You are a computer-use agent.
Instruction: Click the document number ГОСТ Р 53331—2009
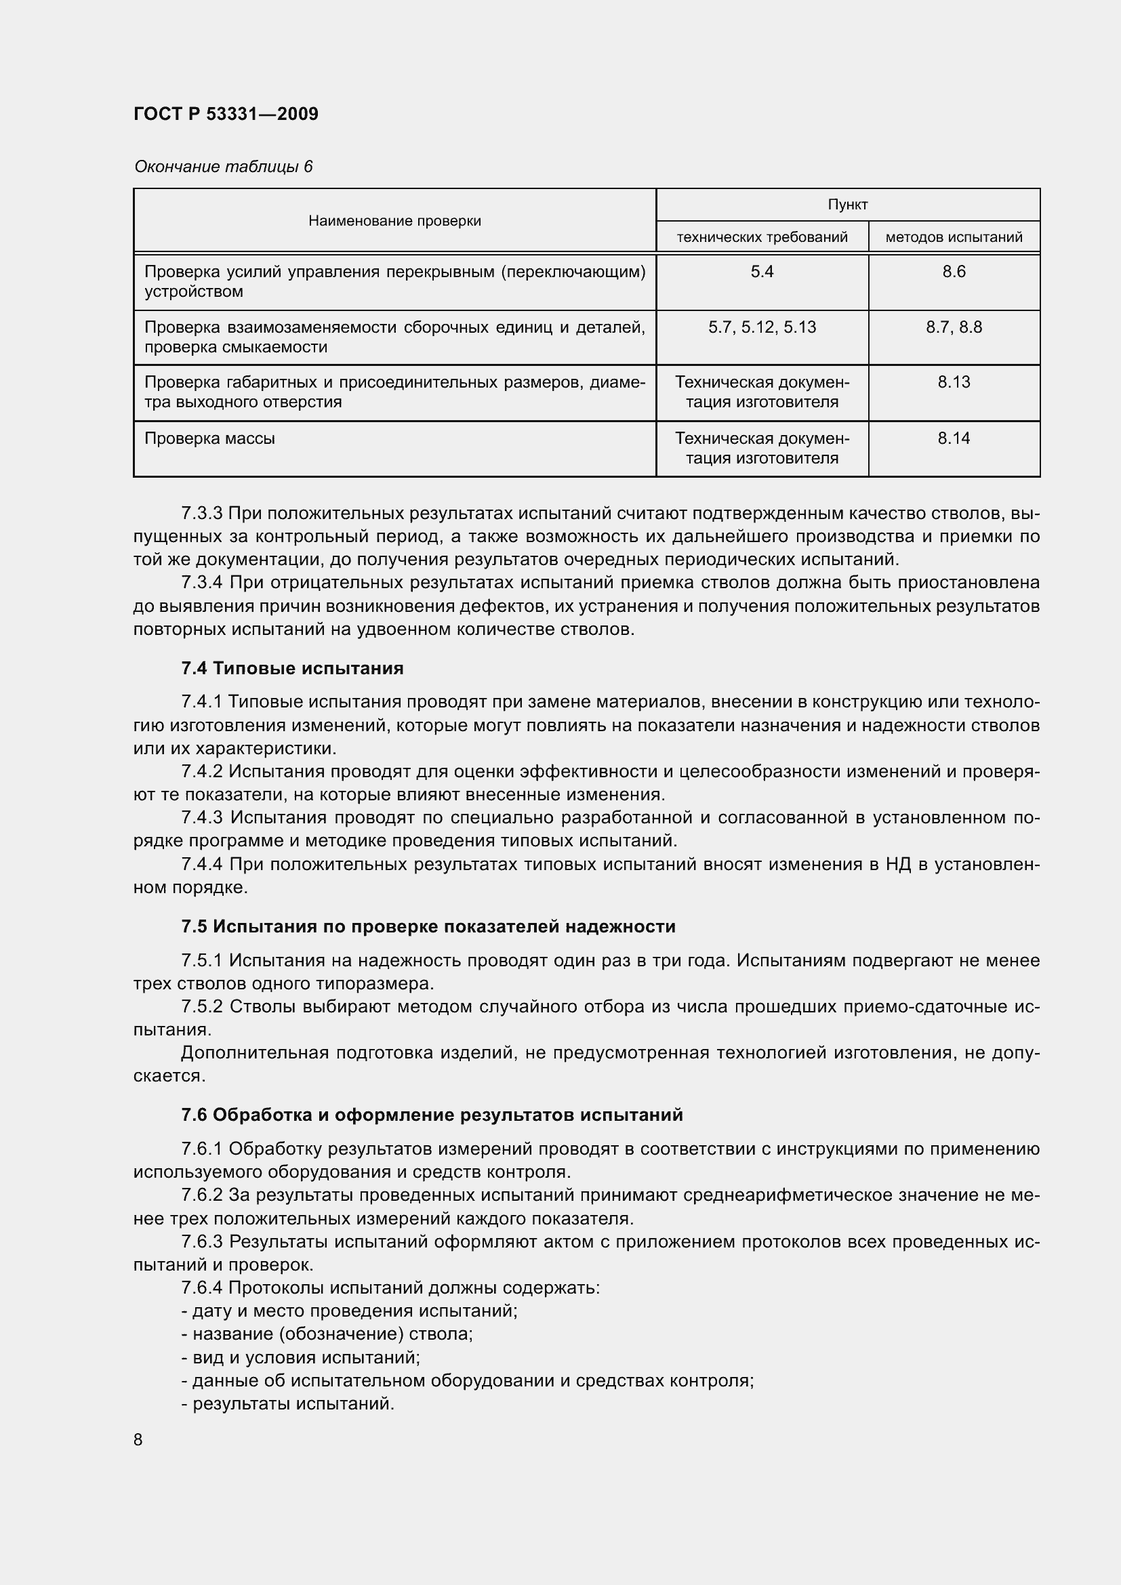coord(226,114)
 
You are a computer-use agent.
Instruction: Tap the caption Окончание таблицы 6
coord(223,167)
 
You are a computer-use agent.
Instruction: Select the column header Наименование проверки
coord(394,221)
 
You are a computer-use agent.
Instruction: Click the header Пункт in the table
coord(847,205)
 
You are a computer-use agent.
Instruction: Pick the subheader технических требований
coord(761,237)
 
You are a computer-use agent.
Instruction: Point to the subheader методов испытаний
coord(954,237)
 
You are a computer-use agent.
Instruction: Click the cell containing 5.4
coord(761,272)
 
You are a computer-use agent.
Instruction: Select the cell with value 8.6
coord(954,272)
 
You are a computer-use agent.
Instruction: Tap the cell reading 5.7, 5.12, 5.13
coord(761,327)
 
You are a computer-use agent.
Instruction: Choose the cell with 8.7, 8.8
coord(954,327)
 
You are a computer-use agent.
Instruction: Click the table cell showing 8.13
coord(954,382)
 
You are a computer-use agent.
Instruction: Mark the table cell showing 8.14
coord(954,438)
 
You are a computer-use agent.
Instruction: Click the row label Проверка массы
coord(210,438)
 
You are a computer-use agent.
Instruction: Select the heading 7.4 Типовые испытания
coord(292,668)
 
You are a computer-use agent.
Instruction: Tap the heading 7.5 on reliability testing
coord(428,926)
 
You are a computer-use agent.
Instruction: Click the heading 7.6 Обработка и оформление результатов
coord(432,1115)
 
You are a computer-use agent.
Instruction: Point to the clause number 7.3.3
coord(201,513)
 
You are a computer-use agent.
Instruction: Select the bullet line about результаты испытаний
coord(289,1404)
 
